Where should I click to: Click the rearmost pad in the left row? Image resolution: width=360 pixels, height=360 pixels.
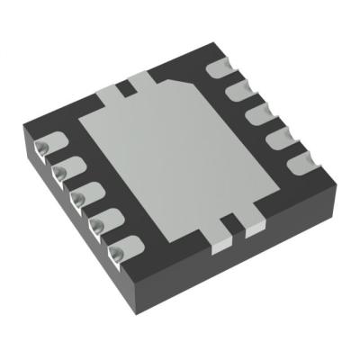pos(42,144)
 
